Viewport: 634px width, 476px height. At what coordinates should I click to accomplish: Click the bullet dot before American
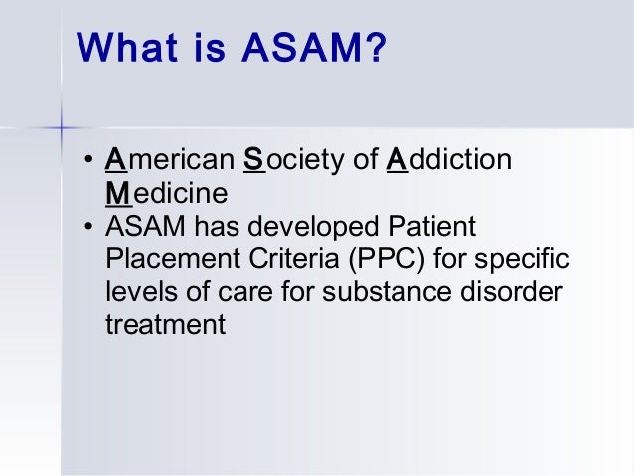click(x=88, y=160)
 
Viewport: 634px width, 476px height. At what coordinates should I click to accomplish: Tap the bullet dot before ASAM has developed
click(x=88, y=226)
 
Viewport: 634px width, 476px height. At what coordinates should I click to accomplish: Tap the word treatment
click(x=165, y=324)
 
